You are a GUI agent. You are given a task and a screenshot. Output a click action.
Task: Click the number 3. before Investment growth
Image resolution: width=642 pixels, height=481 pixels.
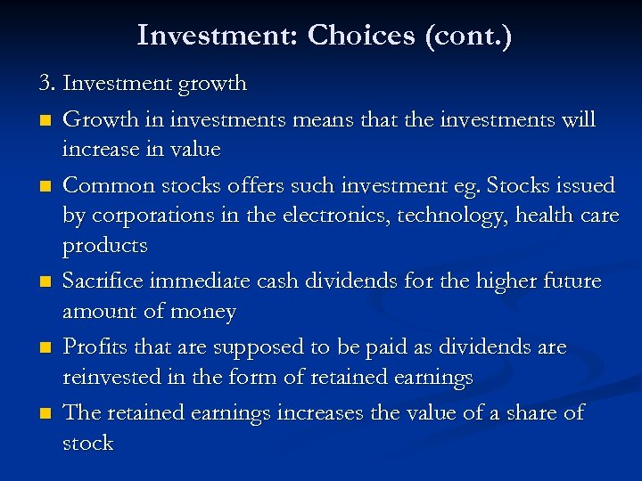(x=48, y=84)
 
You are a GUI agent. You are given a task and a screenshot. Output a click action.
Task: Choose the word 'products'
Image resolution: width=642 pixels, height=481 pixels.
(x=104, y=246)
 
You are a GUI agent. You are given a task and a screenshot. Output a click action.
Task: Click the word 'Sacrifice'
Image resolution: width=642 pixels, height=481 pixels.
(x=104, y=281)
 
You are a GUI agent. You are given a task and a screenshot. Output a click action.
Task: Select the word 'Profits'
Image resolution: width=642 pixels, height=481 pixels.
(x=93, y=346)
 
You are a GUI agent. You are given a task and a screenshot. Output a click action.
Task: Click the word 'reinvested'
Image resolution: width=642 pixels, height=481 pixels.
(x=112, y=378)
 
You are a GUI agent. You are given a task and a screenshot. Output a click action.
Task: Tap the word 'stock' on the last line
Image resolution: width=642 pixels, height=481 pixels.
(x=87, y=443)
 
